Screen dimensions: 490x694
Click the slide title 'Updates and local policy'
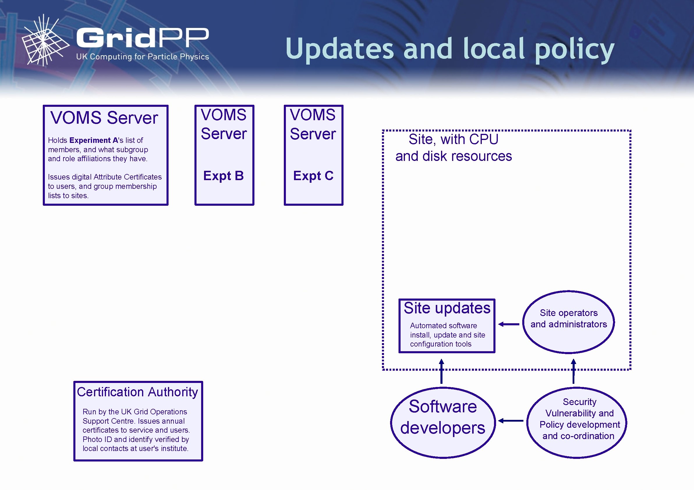[450, 49]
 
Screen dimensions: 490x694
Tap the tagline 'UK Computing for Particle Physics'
[142, 57]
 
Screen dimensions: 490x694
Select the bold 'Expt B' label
[223, 176]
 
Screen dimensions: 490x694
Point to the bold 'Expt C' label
[313, 176]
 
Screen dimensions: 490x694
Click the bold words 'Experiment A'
[94, 140]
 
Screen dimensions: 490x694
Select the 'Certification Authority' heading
[137, 392]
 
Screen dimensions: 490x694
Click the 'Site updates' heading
[447, 308]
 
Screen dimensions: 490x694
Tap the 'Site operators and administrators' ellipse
[569, 322]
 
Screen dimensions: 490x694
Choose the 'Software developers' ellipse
[443, 422]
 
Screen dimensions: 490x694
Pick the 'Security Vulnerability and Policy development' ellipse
[577, 422]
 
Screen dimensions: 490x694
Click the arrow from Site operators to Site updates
[509, 324]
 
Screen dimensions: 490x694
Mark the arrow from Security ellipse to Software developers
[511, 420]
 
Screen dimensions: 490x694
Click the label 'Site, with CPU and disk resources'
[453, 148]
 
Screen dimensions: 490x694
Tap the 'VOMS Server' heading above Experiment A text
[104, 118]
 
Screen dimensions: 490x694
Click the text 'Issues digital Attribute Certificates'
[105, 177]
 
